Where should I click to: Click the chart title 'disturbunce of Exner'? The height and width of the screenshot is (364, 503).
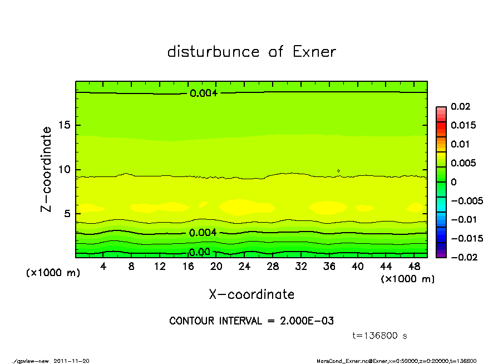point(251,52)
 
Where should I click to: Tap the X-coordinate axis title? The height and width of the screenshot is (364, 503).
point(251,294)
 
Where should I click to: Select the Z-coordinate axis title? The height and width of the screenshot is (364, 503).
point(46,169)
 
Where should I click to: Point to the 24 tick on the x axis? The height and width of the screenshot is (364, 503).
point(244,267)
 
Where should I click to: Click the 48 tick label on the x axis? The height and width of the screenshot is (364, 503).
point(414,267)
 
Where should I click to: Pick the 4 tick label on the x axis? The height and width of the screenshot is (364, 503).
point(103,267)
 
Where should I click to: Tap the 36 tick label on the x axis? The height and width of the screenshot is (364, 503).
point(329,267)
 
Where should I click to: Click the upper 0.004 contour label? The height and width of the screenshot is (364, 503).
point(203,93)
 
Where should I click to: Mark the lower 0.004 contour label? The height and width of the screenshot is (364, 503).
point(203,233)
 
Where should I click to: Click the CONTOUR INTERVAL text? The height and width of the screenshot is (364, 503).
point(251,321)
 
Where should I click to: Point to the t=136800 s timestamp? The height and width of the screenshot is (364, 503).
point(380,336)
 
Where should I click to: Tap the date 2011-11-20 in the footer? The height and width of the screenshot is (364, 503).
point(71,361)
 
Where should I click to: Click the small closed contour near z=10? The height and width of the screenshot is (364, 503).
point(338,171)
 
